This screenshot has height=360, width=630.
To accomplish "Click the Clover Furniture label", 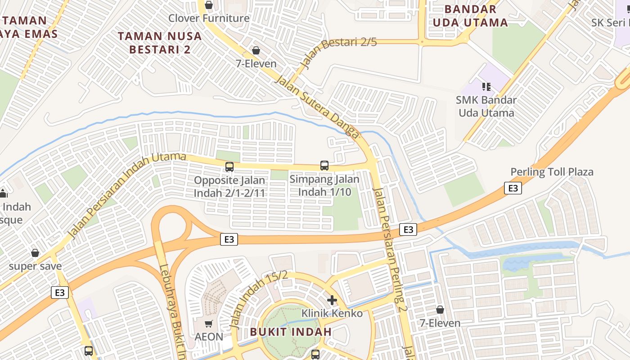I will pyautogui.click(x=209, y=18).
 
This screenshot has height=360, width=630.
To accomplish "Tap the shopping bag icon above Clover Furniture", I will pyautogui.click(x=209, y=5).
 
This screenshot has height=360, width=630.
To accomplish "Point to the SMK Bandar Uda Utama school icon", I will pyautogui.click(x=486, y=86).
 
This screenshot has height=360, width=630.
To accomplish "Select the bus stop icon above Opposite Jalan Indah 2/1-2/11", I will pyautogui.click(x=229, y=167).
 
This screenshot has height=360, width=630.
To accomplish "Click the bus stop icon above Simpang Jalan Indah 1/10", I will pyautogui.click(x=324, y=165).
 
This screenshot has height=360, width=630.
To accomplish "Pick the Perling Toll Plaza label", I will pyautogui.click(x=552, y=172).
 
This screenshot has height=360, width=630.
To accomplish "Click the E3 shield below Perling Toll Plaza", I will pyautogui.click(x=513, y=188).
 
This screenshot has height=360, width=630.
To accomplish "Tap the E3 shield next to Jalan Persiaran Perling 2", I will pyautogui.click(x=408, y=229).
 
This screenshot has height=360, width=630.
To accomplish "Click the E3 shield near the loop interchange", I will pyautogui.click(x=229, y=239).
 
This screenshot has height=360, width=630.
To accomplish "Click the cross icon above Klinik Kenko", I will pyautogui.click(x=332, y=300).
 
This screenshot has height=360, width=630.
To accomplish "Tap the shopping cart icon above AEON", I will pyautogui.click(x=208, y=324).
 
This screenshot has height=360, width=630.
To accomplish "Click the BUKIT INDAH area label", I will pyautogui.click(x=291, y=332).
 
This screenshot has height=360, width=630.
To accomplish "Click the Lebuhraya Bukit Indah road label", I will pyautogui.click(x=172, y=310).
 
